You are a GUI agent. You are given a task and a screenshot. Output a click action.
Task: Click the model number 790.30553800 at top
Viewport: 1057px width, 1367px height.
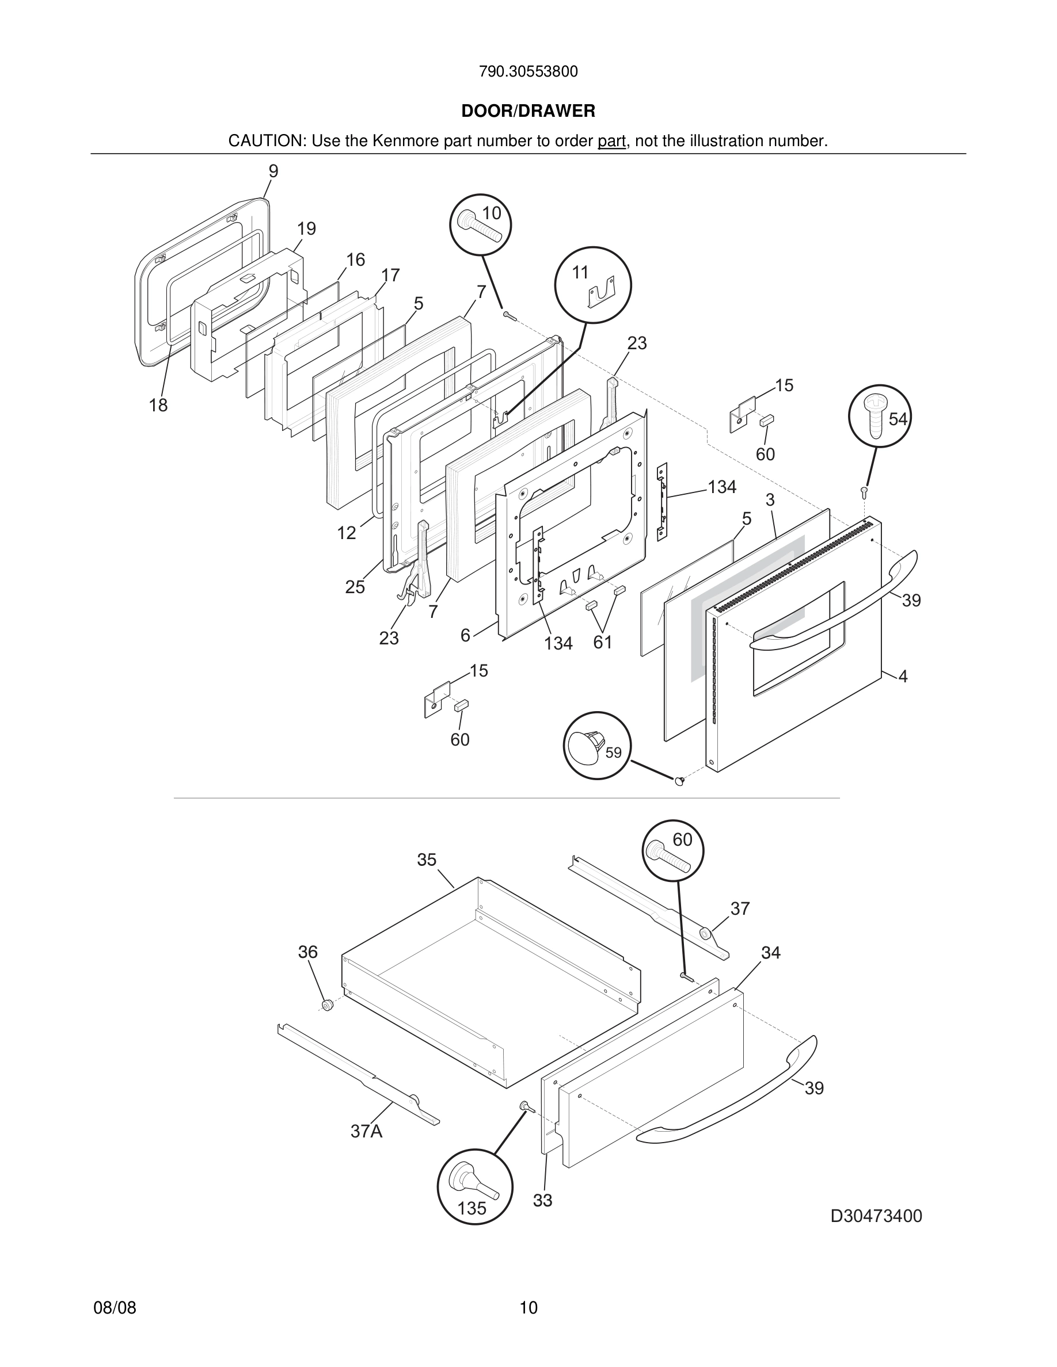528,72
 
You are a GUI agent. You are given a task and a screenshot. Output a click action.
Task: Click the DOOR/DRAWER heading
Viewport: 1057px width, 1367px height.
528,112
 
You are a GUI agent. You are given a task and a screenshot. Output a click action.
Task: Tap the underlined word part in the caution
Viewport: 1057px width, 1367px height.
611,142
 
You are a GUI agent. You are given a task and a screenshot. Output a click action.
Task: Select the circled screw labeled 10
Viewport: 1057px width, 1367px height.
480,225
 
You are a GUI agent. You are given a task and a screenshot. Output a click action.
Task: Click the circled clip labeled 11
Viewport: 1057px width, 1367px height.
592,285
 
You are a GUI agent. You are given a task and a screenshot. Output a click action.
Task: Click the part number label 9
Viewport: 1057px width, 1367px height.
273,171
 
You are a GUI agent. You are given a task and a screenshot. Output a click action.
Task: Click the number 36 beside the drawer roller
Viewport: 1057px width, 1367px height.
307,952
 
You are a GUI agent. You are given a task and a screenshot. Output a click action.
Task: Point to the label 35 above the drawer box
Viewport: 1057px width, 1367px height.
427,860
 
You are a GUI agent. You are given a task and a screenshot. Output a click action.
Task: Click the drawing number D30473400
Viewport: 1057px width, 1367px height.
876,1216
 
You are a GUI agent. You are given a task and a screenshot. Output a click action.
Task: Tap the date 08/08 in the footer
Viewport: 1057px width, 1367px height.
115,1308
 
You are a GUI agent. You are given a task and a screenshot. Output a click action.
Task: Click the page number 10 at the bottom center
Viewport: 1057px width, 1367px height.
528,1308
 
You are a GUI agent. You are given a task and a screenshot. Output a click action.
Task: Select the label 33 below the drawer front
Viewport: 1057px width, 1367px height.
542,1201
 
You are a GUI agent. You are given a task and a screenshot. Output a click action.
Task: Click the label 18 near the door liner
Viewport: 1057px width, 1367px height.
158,406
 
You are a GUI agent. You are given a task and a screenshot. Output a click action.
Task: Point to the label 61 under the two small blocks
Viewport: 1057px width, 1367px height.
602,642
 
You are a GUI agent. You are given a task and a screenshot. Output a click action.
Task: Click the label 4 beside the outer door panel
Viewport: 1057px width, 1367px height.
902,676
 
